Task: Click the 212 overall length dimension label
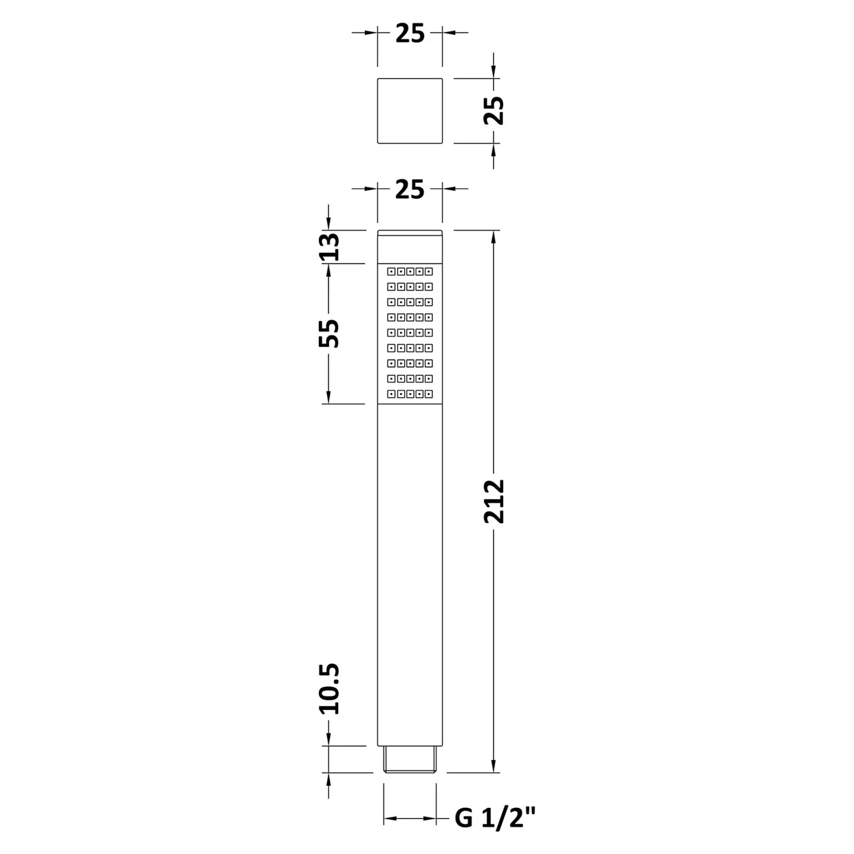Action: tap(495, 501)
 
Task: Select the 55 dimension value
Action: tap(328, 333)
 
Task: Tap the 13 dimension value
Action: tap(328, 247)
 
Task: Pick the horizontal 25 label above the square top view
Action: tap(410, 33)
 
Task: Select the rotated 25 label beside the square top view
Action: tap(494, 110)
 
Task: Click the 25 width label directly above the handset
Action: tap(410, 190)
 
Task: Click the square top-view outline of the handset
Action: tap(410, 111)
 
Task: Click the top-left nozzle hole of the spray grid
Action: tap(391, 272)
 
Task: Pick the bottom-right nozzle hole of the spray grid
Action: tap(429, 394)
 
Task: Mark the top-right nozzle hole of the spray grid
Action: tap(429, 272)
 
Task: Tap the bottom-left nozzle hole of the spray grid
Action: tap(391, 394)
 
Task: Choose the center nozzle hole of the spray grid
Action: tap(410, 333)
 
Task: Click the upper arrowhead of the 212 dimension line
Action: tap(494, 238)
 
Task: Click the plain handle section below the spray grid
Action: tap(410, 574)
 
